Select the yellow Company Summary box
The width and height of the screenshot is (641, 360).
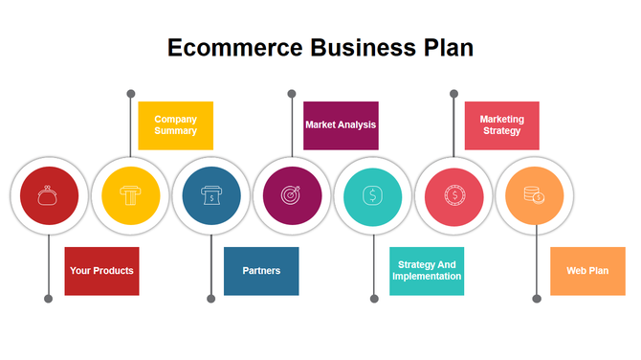point(175,125)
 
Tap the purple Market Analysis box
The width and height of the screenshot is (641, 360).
point(341,125)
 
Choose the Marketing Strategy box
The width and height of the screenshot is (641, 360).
point(501,125)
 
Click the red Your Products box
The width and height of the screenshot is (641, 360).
point(101,271)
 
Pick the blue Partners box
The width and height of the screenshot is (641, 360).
point(261,271)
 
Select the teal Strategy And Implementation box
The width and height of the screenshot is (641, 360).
point(427,271)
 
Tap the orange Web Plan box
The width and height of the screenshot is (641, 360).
point(587,271)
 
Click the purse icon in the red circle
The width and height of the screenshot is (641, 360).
point(49,196)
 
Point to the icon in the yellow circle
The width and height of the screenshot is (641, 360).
point(129,196)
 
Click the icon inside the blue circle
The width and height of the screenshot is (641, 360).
point(210,196)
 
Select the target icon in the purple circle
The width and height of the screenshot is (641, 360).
point(291,196)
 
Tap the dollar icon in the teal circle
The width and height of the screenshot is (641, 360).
point(372,196)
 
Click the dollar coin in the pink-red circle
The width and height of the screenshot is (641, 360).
point(453,196)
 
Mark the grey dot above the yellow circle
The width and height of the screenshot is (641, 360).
point(130,94)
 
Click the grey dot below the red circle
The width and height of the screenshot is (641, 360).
point(49,299)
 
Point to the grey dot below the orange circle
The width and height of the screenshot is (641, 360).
point(536,299)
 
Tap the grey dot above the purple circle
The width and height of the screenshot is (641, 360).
point(292,94)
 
